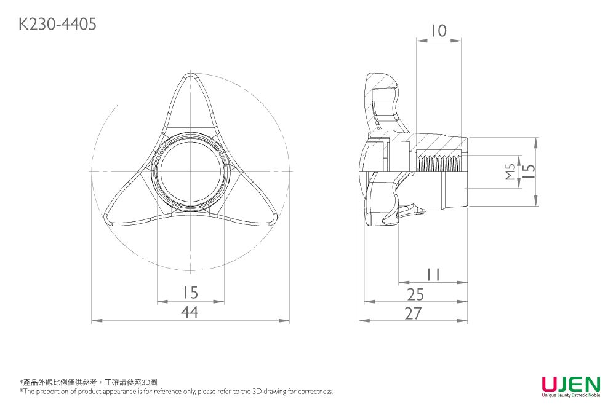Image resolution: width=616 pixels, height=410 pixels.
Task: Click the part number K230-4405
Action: pos(57,24)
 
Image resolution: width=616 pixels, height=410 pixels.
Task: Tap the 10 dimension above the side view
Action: pos(438,30)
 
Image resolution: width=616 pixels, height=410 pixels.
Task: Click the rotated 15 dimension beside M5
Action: pos(528,171)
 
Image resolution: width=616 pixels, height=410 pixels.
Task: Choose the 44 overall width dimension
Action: pos(190,312)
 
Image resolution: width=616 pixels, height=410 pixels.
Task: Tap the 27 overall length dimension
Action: pos(414,313)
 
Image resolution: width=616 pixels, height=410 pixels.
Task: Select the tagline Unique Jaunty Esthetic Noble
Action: pos(570,396)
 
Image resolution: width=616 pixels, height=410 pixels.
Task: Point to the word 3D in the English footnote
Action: pos(260,392)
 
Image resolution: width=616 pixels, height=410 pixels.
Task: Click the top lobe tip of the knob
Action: pos(190,83)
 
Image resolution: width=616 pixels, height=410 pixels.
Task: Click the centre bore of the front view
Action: pos(190,171)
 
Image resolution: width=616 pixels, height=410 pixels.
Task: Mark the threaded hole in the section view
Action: pos(439,164)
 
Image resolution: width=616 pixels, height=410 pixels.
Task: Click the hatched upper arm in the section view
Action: pos(385,101)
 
